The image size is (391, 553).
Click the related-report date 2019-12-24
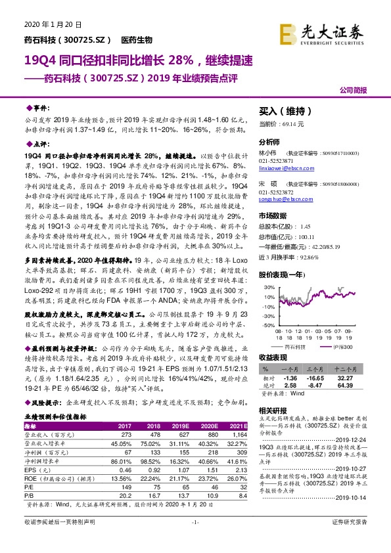354,420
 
